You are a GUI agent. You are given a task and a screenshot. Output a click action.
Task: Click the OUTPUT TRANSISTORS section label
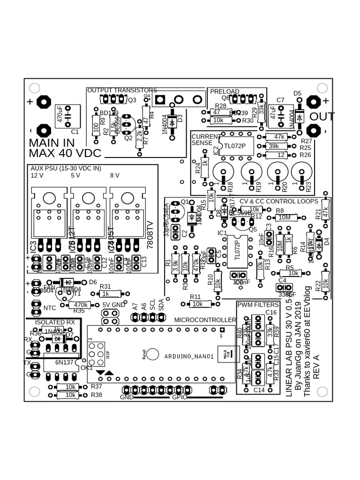click(x=122, y=90)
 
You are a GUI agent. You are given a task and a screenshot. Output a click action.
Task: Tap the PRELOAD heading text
click(x=225, y=92)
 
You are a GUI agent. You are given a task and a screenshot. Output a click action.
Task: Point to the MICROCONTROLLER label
click(x=205, y=320)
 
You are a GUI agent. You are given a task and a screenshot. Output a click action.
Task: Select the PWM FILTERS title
click(x=258, y=305)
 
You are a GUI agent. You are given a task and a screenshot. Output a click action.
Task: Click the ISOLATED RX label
click(x=54, y=322)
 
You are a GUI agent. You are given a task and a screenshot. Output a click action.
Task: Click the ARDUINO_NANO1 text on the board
click(x=189, y=357)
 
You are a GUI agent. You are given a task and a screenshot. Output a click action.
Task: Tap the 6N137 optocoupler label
click(x=65, y=362)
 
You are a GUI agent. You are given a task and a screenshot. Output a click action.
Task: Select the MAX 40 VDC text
click(x=65, y=153)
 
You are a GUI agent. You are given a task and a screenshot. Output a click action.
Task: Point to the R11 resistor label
click(x=195, y=297)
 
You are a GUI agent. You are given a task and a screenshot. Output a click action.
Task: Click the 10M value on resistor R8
click(x=285, y=217)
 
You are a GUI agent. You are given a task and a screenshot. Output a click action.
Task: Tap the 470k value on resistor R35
click(x=81, y=305)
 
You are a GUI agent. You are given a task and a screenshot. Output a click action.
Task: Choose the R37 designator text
click(x=97, y=386)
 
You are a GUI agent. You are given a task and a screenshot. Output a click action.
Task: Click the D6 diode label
click(x=93, y=282)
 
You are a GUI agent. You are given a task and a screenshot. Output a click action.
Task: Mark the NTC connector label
click(x=50, y=308)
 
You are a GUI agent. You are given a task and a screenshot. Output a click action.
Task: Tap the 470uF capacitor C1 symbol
click(x=67, y=115)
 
